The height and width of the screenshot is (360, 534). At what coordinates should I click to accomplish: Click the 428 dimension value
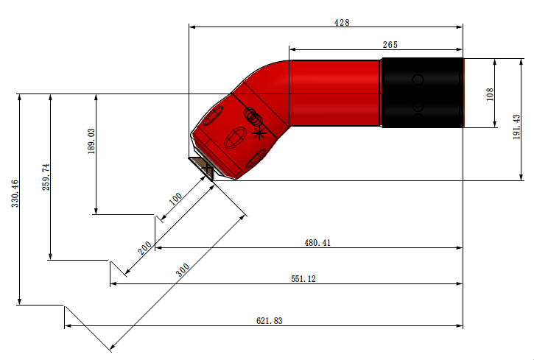(342, 23)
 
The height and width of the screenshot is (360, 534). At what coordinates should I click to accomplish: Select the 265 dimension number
(390, 45)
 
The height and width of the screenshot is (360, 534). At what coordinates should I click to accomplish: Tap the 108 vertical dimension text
(490, 94)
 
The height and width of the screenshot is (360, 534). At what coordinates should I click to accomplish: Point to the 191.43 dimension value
(516, 127)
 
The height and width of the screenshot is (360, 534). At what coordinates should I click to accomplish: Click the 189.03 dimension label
(91, 141)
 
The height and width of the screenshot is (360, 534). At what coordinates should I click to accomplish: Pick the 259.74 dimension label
(46, 177)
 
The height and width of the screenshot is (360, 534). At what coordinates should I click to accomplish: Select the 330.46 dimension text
(15, 194)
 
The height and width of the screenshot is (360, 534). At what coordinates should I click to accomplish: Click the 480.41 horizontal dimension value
(317, 243)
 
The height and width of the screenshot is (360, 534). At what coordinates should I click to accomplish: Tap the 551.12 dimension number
(303, 279)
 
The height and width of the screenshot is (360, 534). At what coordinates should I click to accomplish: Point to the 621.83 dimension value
(269, 321)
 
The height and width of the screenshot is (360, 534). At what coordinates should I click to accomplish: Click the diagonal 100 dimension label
(176, 199)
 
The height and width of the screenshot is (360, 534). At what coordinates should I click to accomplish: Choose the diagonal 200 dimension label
(144, 248)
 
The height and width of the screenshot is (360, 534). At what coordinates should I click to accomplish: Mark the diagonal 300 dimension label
(183, 270)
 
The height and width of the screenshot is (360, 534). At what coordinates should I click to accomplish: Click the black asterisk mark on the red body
(259, 133)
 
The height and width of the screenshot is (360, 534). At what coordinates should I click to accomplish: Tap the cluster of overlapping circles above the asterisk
(253, 116)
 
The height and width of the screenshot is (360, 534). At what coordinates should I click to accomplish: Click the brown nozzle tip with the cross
(203, 168)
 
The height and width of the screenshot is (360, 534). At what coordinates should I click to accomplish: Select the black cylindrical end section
(422, 93)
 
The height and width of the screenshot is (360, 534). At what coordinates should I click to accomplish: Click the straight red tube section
(335, 93)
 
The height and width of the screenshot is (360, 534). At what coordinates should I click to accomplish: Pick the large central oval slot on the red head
(235, 138)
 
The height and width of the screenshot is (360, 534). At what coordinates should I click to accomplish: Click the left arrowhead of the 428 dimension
(192, 27)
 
